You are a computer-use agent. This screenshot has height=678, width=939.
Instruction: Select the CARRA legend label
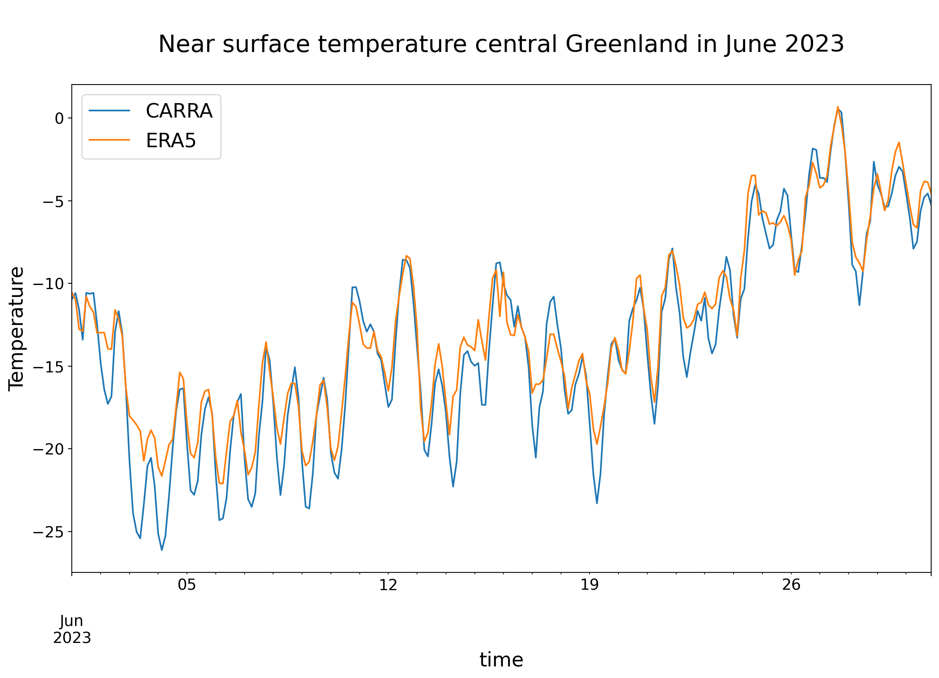[x=179, y=111]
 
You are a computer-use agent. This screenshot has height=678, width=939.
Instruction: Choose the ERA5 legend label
[x=170, y=141]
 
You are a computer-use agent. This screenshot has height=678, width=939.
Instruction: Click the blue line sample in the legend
[x=109, y=111]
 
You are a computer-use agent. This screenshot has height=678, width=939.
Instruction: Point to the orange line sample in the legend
[x=109, y=140]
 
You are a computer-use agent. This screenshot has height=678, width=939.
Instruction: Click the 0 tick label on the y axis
[x=59, y=119]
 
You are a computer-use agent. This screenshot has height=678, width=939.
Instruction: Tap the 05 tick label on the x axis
[x=187, y=585]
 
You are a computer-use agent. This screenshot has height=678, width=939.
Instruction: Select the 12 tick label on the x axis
[x=388, y=585]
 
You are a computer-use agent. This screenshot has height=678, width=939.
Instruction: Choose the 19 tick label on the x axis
[x=590, y=585]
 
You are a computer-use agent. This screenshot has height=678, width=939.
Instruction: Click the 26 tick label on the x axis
[x=791, y=585]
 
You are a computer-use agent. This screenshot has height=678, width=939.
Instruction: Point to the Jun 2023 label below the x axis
[x=72, y=629]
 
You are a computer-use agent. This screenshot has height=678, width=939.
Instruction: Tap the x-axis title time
[x=501, y=660]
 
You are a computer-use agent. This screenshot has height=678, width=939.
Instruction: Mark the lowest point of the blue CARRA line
[x=162, y=550]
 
